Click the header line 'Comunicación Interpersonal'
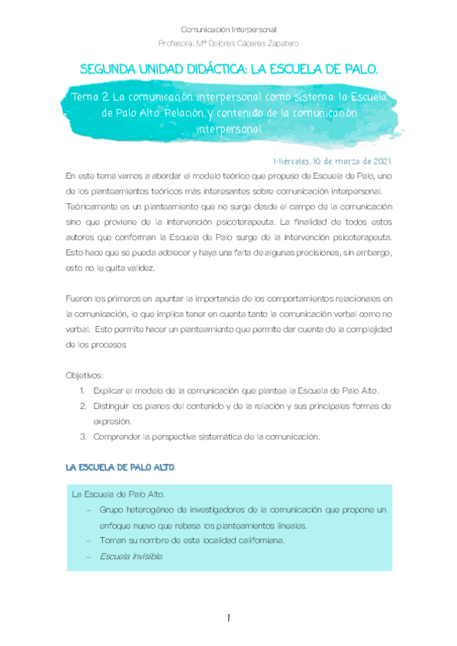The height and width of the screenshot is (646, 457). [229, 28]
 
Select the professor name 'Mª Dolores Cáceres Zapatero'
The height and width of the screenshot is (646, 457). [247, 43]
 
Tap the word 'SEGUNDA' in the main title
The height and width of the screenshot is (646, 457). [114, 70]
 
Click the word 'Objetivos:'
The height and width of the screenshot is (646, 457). [85, 376]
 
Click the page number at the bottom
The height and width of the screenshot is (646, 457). [228, 619]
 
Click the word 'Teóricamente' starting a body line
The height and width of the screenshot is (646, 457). [92, 206]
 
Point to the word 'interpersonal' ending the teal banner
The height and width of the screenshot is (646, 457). [229, 129]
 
